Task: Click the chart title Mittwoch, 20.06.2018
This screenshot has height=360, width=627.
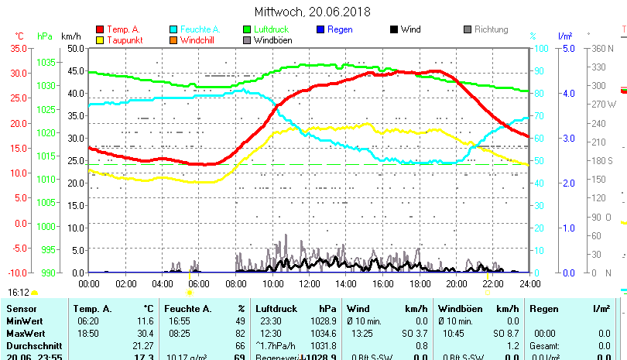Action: click(313, 12)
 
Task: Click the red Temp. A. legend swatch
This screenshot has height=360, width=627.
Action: click(101, 30)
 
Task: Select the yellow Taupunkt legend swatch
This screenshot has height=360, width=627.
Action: click(101, 40)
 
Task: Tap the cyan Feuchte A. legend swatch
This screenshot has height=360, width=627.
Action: click(174, 30)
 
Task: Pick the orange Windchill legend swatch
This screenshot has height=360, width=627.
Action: click(174, 40)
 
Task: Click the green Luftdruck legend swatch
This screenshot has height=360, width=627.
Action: click(248, 30)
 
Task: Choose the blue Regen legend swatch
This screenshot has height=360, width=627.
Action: click(321, 30)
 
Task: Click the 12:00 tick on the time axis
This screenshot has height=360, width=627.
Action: click(309, 284)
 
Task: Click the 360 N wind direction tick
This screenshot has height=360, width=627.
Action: click(603, 48)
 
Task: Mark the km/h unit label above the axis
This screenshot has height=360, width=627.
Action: click(70, 36)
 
